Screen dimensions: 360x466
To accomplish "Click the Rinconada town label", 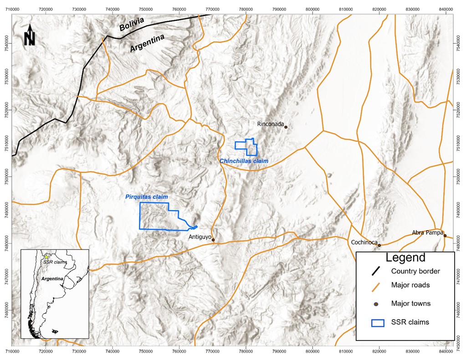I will [x=271, y=123].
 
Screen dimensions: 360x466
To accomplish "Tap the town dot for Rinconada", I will [x=286, y=127].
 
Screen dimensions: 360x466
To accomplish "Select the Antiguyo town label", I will [x=200, y=237].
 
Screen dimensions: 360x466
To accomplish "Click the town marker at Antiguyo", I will [x=213, y=240].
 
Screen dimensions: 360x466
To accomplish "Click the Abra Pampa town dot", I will [x=445, y=236].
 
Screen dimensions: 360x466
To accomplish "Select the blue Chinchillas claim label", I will [x=244, y=161].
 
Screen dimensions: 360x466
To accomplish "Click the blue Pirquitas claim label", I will [x=143, y=197].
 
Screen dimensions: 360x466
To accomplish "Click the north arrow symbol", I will [x=30, y=36].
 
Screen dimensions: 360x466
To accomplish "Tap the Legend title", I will [x=405, y=257].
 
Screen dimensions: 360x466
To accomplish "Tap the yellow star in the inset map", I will [x=46, y=257].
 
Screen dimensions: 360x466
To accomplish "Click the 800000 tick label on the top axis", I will [x=312, y=10].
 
